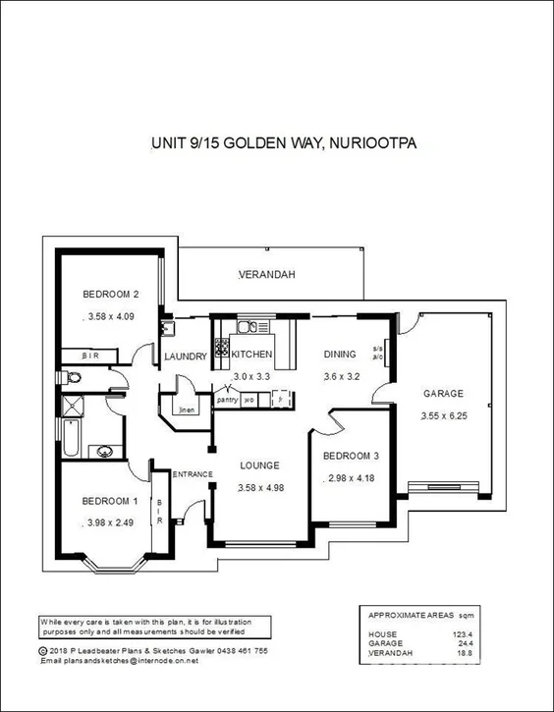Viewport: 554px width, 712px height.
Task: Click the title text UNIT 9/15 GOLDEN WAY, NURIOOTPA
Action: coord(284,143)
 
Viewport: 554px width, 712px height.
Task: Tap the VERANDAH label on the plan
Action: coord(266,275)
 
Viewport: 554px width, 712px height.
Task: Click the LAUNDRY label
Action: coord(184,356)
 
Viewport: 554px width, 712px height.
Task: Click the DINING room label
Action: coord(340,355)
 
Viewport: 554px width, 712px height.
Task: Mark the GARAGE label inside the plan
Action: coord(443,394)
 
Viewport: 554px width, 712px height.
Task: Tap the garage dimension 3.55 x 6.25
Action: coord(443,415)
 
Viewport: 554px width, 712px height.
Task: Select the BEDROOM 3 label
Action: coord(351,456)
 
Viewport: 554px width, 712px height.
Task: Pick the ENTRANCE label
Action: coord(193,475)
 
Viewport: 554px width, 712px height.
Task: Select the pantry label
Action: coord(227,400)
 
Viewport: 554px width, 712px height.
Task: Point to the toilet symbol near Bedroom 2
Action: coord(73,377)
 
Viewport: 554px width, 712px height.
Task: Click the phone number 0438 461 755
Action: coord(240,650)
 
